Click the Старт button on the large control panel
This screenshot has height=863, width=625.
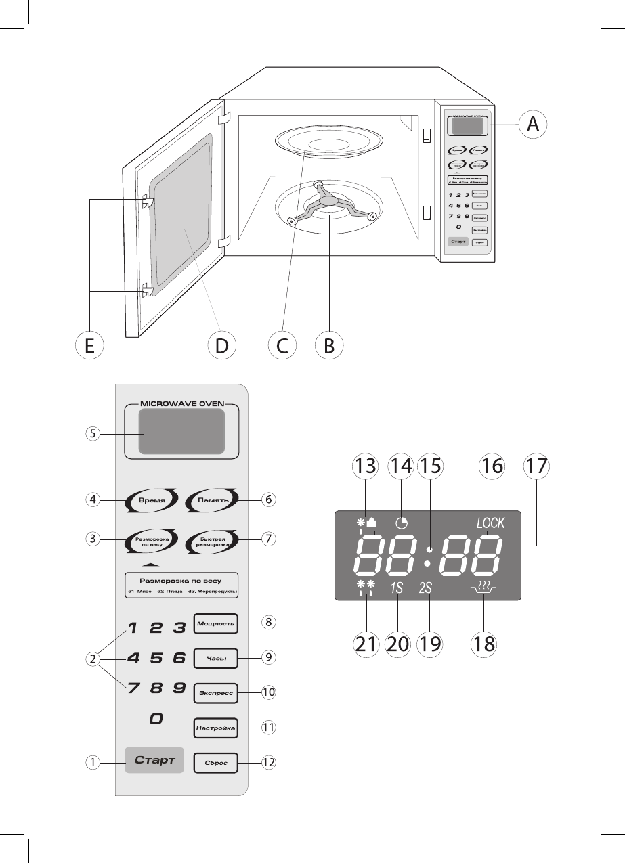tap(154, 761)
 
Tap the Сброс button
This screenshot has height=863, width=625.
tap(216, 763)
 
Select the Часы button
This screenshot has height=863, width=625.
tap(216, 657)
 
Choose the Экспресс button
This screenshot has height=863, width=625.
tap(216, 692)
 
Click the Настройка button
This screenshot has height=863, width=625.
tap(216, 728)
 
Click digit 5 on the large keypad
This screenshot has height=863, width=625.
tap(156, 657)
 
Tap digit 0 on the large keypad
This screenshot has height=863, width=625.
tap(156, 720)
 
